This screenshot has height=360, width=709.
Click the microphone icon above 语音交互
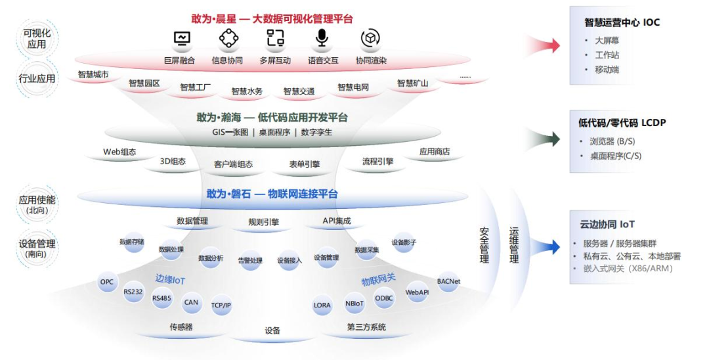(322, 39)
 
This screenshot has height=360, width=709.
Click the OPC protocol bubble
(106, 282)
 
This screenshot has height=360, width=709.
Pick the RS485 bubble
(161, 298)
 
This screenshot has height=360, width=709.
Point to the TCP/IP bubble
(221, 305)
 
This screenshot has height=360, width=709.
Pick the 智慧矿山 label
(412, 83)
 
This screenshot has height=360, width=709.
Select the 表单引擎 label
(305, 164)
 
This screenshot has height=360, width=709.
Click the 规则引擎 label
(264, 222)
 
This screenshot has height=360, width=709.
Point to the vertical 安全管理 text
(484, 246)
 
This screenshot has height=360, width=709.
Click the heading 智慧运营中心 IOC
(622, 22)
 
